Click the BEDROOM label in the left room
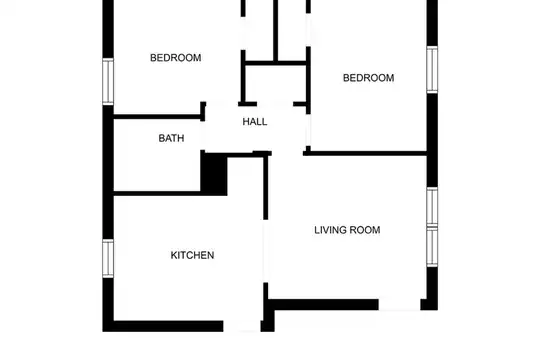click(x=176, y=58)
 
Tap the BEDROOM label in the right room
click(x=368, y=78)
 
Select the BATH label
click(x=171, y=138)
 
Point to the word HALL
click(x=255, y=122)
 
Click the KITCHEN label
click(x=193, y=255)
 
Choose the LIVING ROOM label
click(x=347, y=230)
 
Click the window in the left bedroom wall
click(x=108, y=81)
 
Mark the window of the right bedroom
click(x=432, y=69)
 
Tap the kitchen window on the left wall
click(x=108, y=258)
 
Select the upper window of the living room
click(x=432, y=207)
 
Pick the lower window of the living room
click(x=432, y=246)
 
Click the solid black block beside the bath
click(x=214, y=174)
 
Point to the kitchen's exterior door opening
click(x=242, y=326)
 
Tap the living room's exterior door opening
click(x=399, y=305)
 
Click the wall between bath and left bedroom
click(x=157, y=117)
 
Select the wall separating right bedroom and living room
click(x=365, y=153)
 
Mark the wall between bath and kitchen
click(x=157, y=193)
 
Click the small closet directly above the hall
click(x=276, y=84)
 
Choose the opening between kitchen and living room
click(x=266, y=251)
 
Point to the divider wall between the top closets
click(x=276, y=31)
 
